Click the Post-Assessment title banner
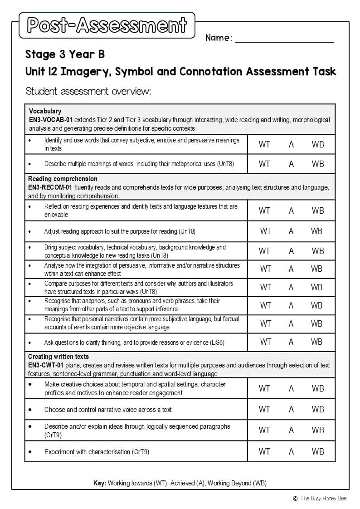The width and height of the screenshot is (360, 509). (x=107, y=25)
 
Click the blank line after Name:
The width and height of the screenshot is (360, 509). (x=284, y=38)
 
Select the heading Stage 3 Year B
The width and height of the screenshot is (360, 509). (x=65, y=54)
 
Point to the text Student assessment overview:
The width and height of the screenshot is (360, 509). (x=88, y=91)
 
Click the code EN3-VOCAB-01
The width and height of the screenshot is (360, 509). (x=51, y=120)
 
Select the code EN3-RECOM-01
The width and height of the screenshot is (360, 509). (x=50, y=187)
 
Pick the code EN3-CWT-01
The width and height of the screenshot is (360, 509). (x=46, y=365)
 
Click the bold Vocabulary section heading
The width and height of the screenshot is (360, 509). (x=45, y=111)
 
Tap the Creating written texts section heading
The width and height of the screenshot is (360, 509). (x=58, y=357)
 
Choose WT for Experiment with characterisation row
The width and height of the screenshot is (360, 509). (x=264, y=451)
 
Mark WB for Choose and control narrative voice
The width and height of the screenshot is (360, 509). (x=318, y=409)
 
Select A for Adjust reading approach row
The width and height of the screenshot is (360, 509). (x=291, y=231)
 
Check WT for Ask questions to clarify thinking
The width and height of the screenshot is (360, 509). (x=265, y=342)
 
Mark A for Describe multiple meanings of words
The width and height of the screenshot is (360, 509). (x=291, y=164)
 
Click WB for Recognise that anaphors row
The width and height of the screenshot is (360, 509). (x=316, y=305)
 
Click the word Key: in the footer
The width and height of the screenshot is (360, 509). (x=99, y=483)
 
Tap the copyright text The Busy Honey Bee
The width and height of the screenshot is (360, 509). (x=323, y=498)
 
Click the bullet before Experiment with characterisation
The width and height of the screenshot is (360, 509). (x=30, y=452)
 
